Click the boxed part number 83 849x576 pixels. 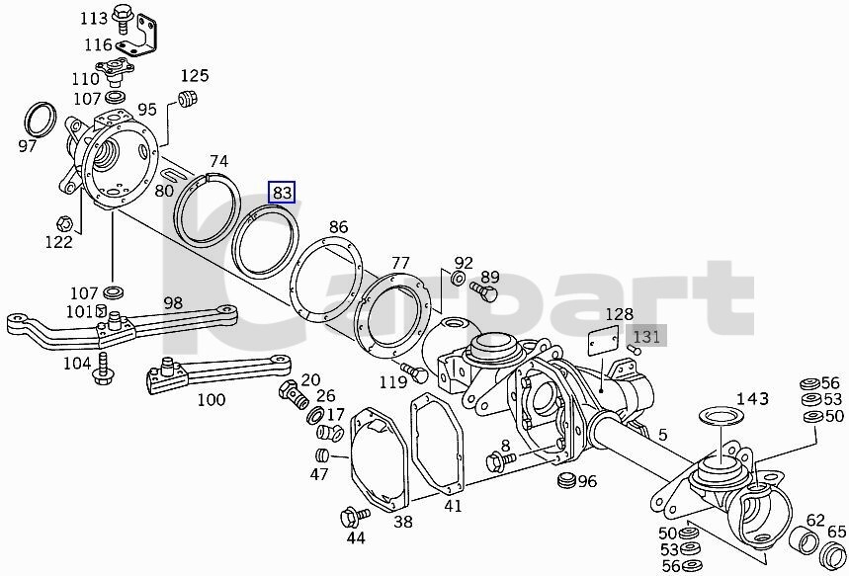coord(283,193)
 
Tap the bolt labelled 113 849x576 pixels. coord(123,15)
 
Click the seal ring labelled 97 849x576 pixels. coord(39,119)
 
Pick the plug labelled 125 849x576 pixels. coord(185,97)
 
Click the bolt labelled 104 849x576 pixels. coord(103,370)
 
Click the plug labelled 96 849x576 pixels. coord(565,480)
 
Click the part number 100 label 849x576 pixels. coord(212,400)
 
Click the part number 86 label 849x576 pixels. coord(338,227)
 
